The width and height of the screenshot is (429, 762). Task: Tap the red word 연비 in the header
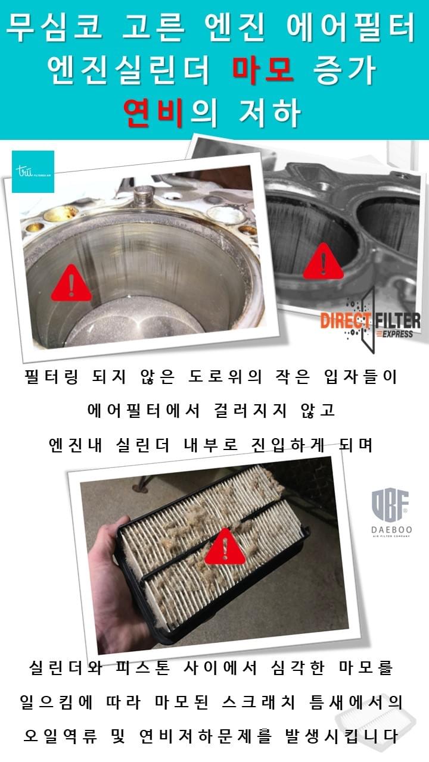point(154,113)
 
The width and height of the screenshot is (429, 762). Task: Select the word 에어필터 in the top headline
point(351,27)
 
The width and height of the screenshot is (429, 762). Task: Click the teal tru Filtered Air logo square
point(33,171)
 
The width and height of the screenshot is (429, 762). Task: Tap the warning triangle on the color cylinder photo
point(71,283)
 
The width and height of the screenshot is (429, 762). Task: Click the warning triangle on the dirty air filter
point(225,546)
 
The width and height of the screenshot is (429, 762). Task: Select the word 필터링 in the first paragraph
point(52,377)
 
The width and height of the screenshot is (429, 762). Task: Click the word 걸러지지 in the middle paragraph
point(251,411)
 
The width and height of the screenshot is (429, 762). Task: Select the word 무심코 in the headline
point(54,27)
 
